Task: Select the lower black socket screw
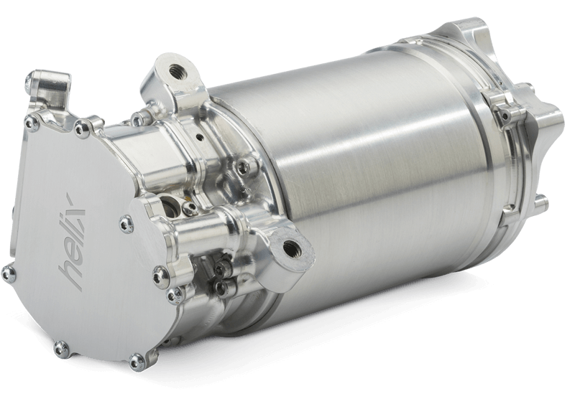click(220, 286)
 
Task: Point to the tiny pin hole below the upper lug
click(199, 138)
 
